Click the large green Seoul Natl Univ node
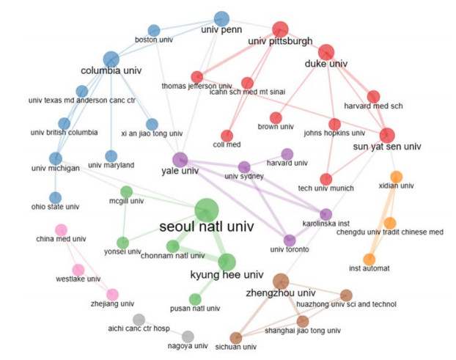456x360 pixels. pos(206,210)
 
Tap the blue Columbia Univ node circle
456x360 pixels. pos(111,59)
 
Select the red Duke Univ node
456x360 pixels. pos(326,51)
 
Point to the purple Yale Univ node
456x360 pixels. pos(180,159)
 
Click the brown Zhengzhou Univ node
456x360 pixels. pos(281,281)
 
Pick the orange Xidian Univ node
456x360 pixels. pos(397,177)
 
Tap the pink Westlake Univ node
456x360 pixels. pos(78,270)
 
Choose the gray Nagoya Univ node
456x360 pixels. pos(188,336)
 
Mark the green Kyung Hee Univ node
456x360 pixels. pos(227,262)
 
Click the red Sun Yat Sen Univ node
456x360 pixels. pos(387,135)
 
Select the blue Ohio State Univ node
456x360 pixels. pos(55,197)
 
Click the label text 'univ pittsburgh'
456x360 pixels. pos(281,41)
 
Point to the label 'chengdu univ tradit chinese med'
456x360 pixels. pos(400,232)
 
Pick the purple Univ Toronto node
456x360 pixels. pos(290,240)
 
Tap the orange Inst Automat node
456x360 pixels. pos(369,260)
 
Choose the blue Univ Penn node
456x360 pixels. pos(222,18)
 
